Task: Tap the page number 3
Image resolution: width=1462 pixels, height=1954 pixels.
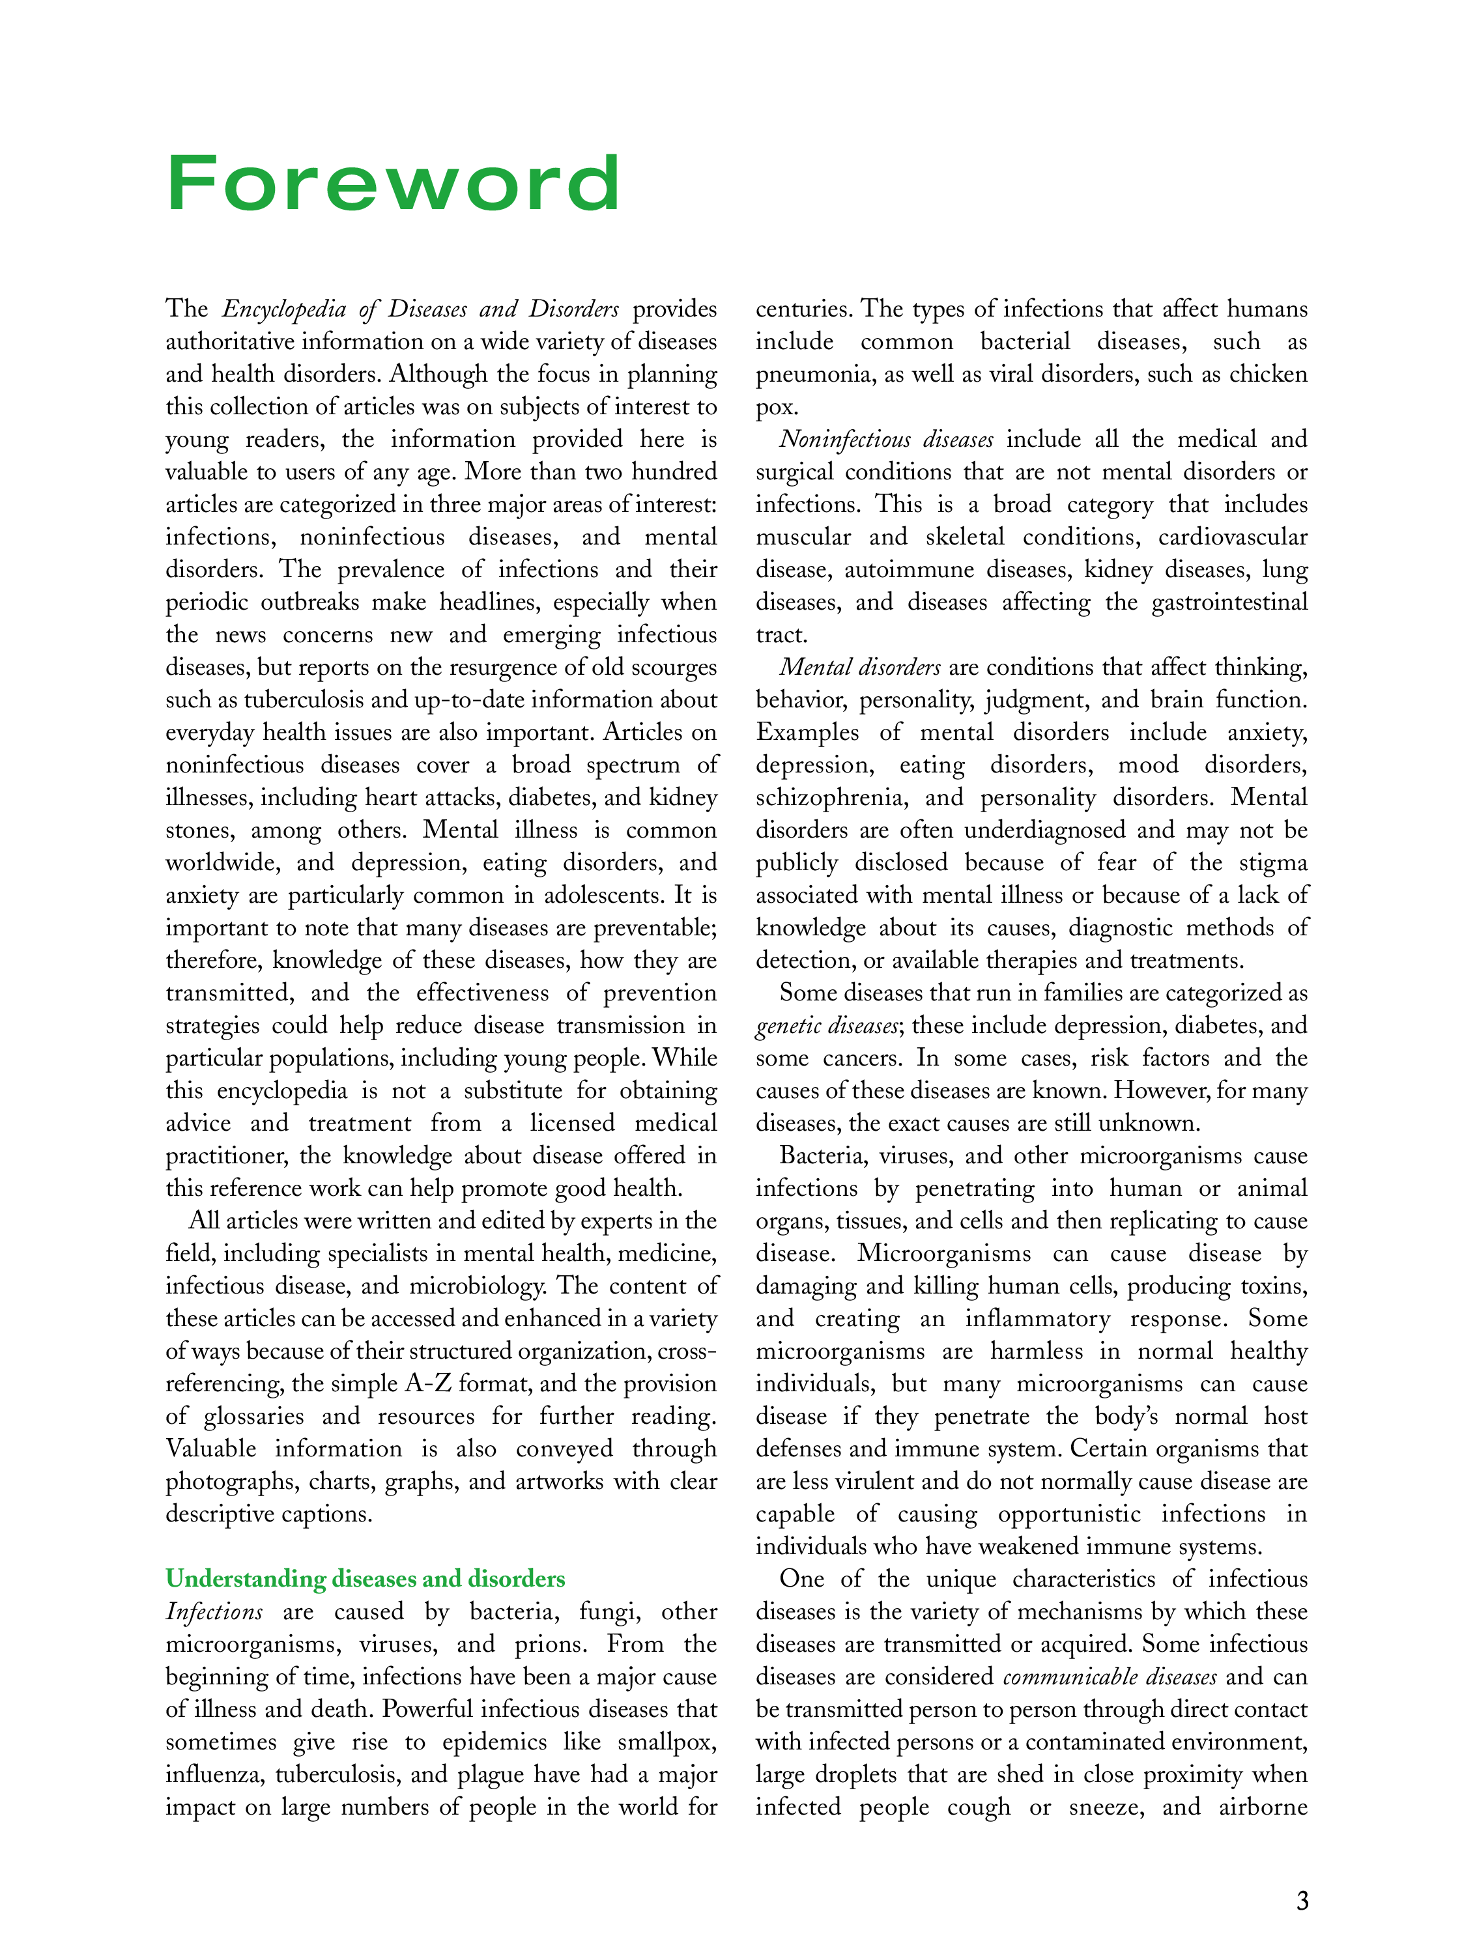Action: click(1301, 1899)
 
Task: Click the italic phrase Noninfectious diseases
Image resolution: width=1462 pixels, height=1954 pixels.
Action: click(886, 439)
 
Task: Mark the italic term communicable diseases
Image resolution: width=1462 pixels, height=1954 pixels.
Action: click(1110, 1677)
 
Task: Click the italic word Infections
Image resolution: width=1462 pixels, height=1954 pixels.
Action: click(214, 1611)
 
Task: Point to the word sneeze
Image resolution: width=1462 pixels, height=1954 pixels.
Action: click(1106, 1807)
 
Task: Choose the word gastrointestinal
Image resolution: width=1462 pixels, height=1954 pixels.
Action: click(1229, 602)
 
